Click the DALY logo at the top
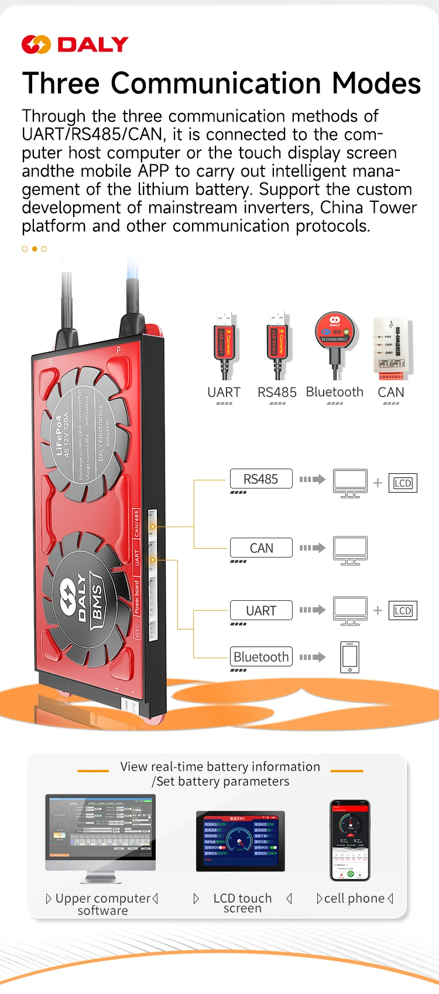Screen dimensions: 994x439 [75, 44]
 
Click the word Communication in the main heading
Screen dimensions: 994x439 [215, 83]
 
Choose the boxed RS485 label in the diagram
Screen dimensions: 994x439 [261, 479]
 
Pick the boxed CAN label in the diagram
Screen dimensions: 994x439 [261, 548]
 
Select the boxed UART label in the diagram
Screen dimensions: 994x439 [261, 611]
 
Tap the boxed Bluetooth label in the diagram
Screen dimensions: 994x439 [261, 657]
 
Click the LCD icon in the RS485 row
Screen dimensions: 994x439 [403, 483]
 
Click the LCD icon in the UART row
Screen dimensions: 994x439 [403, 611]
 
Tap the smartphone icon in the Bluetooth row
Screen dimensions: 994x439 [350, 657]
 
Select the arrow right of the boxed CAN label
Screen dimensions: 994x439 [313, 548]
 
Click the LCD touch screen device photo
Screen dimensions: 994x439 [241, 841]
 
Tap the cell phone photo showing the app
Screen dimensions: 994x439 [350, 840]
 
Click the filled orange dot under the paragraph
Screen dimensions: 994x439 [35, 249]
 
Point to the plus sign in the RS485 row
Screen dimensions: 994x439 [378, 483]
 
